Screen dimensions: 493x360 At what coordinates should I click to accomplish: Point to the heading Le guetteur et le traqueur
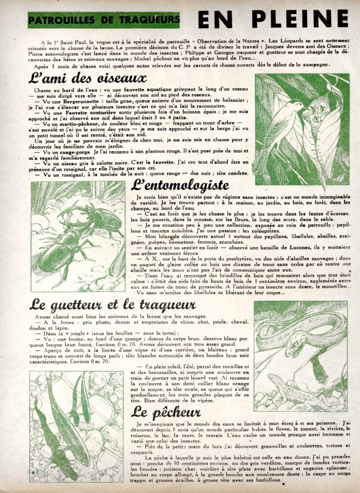coord(113,305)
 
